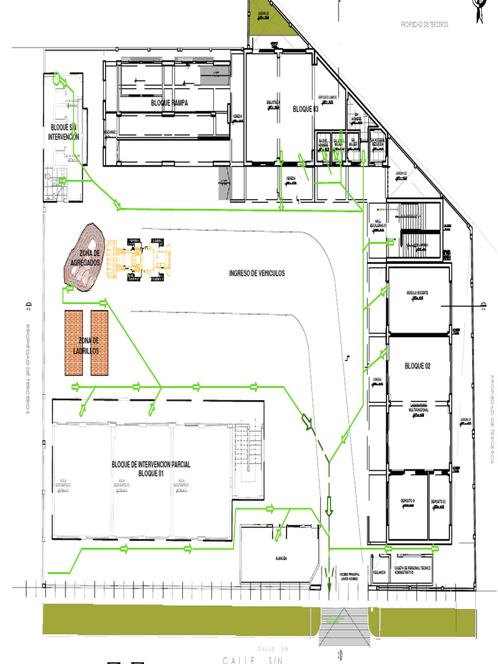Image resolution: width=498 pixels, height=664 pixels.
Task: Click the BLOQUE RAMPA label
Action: click(170, 103)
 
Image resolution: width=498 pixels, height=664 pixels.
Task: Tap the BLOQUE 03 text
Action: click(305, 109)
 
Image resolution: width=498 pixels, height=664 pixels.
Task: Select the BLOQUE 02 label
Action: click(418, 366)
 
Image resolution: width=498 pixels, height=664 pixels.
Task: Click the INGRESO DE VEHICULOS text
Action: click(257, 274)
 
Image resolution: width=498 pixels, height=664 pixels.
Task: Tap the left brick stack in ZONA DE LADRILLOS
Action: click(74, 342)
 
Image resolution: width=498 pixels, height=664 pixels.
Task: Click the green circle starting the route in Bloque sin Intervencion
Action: click(56, 79)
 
